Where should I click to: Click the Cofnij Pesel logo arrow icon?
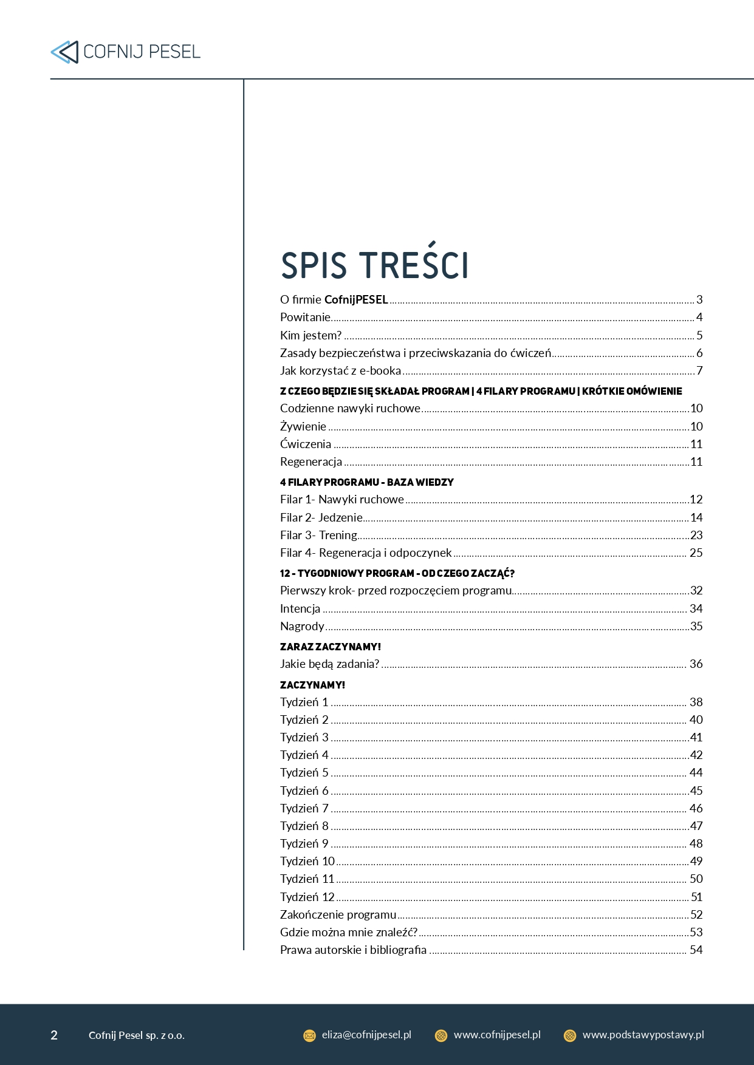click(64, 52)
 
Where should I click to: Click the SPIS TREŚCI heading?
click(374, 265)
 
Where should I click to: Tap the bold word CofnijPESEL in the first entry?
click(356, 299)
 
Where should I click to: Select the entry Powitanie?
click(305, 317)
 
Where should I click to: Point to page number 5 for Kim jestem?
click(699, 335)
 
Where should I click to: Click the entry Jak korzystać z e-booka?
click(340, 370)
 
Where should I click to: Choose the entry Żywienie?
click(303, 426)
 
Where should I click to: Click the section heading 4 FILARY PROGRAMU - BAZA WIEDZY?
click(366, 482)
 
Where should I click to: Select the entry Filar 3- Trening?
click(318, 535)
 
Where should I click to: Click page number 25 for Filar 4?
click(696, 553)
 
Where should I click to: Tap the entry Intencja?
click(300, 608)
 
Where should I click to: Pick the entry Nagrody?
click(302, 626)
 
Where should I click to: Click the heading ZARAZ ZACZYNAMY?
click(330, 647)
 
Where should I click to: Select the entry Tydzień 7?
click(304, 808)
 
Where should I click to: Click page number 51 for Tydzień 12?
click(696, 897)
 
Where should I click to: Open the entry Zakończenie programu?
click(338, 914)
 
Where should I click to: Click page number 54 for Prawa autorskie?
click(696, 950)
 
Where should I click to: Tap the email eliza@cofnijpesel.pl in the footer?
click(366, 1035)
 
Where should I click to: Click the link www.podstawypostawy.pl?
click(643, 1035)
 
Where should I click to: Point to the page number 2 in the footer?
click(54, 1035)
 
